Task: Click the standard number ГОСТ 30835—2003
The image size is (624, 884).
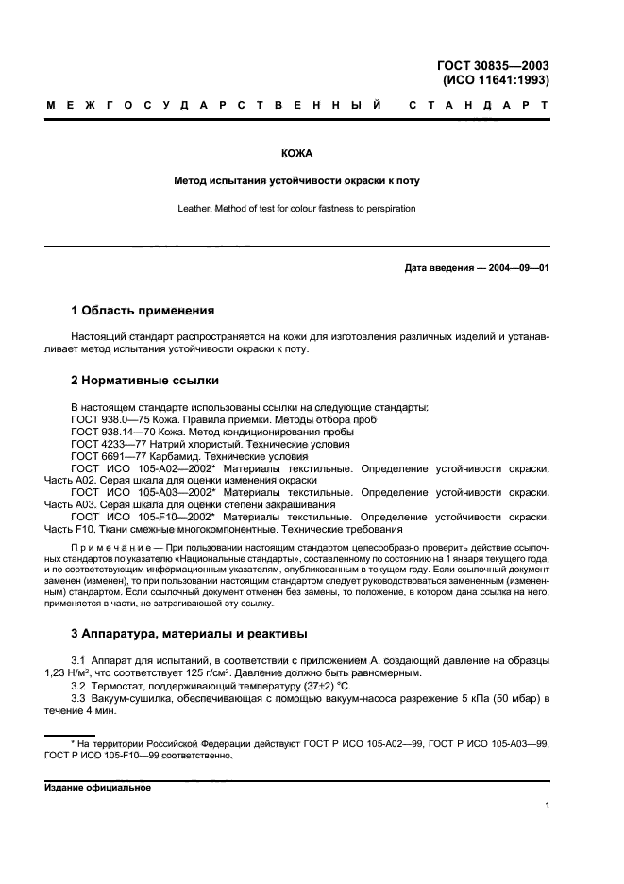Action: [x=493, y=65]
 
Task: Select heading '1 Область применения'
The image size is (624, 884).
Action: [x=143, y=310]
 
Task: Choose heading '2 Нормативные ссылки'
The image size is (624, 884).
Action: [x=145, y=381]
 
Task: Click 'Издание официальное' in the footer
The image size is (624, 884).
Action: [x=98, y=787]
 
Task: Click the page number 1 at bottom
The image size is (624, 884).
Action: [x=547, y=806]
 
